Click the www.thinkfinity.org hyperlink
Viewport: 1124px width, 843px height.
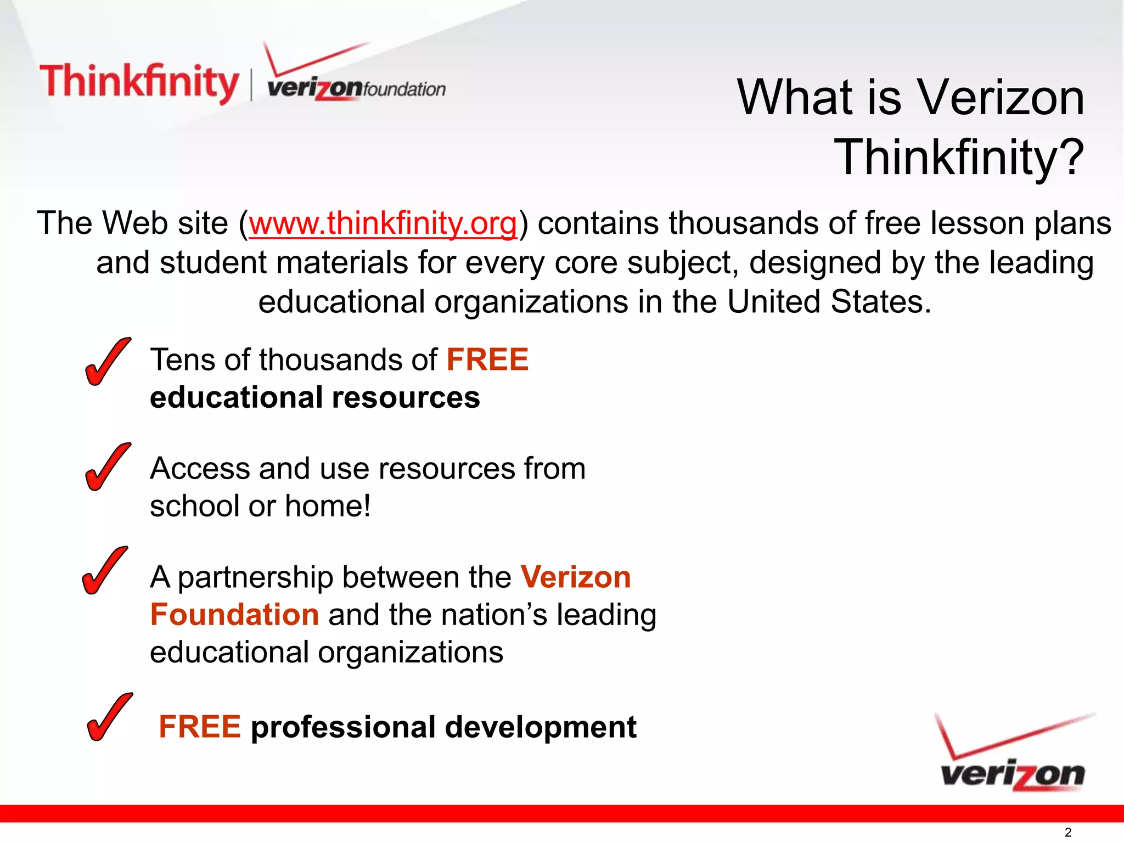click(383, 224)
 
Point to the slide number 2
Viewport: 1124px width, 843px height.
click(1068, 832)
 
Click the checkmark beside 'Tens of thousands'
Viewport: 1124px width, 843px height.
click(108, 362)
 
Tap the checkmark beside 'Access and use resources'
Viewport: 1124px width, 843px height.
click(108, 467)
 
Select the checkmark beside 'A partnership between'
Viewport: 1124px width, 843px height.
click(104, 571)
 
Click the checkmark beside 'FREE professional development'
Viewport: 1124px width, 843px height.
click(109, 717)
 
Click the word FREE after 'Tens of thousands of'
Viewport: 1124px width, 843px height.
click(487, 360)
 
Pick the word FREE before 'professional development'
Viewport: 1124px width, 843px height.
click(200, 727)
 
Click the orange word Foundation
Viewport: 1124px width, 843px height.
click(234, 615)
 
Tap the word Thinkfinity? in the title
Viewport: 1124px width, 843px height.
click(959, 158)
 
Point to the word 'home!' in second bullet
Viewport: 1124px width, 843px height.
click(328, 506)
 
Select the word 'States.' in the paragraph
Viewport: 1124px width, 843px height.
click(881, 302)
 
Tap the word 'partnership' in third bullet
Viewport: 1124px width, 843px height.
click(255, 578)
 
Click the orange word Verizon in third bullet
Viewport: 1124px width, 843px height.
click(576, 577)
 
